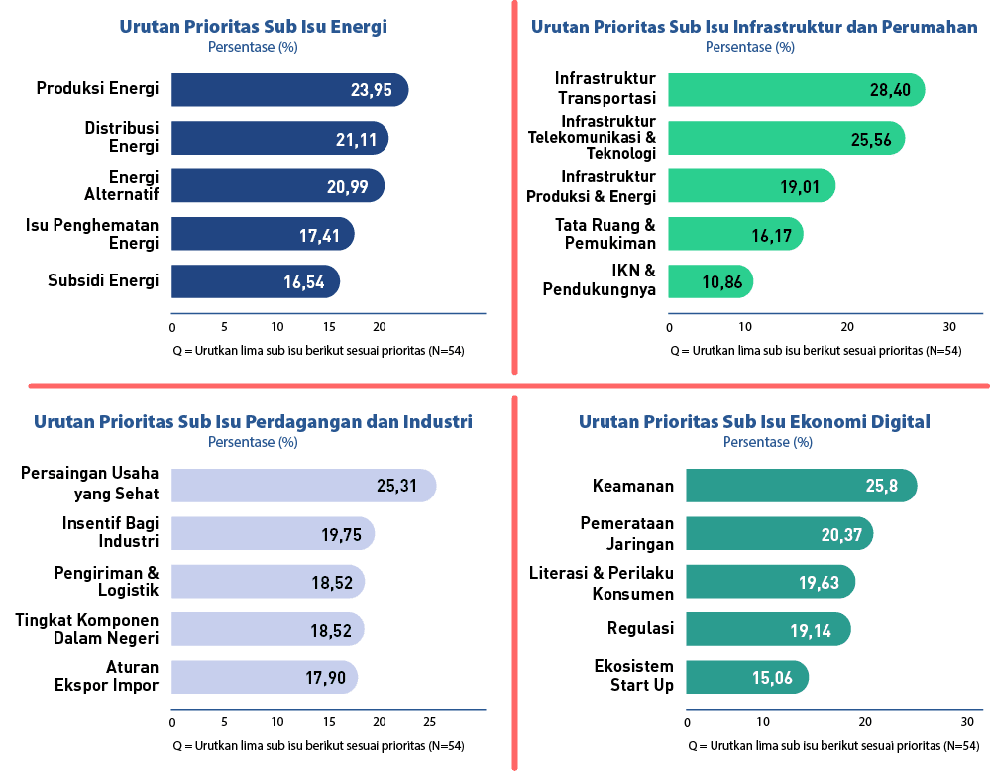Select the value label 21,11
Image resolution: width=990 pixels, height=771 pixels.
tap(356, 139)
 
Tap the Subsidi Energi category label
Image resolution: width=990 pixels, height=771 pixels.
tap(103, 280)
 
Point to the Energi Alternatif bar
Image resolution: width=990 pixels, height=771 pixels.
tap(277, 185)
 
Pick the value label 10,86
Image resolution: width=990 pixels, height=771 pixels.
tap(722, 281)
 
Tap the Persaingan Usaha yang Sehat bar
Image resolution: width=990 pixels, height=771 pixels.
tap(303, 486)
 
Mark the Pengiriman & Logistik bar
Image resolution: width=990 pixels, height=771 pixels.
tap(268, 582)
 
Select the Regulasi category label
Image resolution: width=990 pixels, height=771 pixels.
tap(640, 628)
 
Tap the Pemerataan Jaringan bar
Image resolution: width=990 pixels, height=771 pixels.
tap(779, 533)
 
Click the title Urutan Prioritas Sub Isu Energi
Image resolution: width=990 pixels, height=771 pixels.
tap(253, 27)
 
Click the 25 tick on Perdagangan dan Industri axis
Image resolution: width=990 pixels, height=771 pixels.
tap(430, 720)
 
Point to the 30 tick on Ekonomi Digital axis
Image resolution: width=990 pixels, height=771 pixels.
tap(967, 720)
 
